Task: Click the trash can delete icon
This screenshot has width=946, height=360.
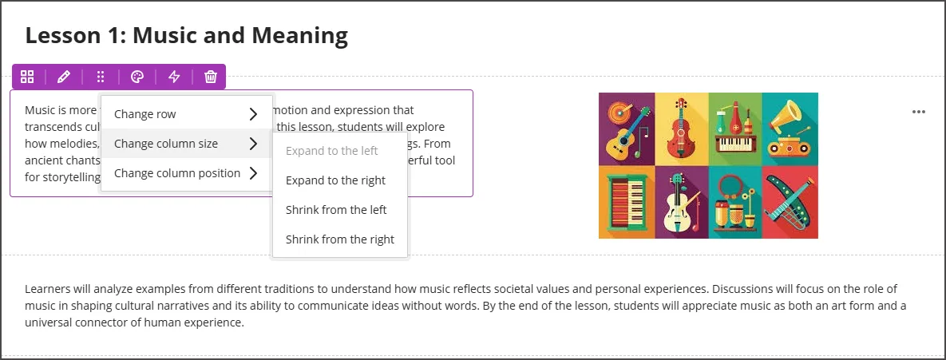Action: (x=211, y=77)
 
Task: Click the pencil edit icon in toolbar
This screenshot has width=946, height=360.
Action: (x=64, y=77)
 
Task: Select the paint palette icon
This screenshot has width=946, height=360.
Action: (x=137, y=77)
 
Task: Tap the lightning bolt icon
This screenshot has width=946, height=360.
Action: (x=174, y=77)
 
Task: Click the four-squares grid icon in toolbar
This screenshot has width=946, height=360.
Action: (x=27, y=77)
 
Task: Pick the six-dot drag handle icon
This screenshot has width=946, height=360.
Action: (x=101, y=77)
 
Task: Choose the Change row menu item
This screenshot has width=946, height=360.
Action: (x=145, y=114)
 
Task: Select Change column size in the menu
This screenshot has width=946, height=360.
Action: (x=166, y=144)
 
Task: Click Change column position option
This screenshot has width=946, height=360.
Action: (x=177, y=173)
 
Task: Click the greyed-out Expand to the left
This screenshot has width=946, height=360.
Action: (x=331, y=151)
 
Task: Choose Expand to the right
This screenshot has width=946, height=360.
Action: (x=335, y=180)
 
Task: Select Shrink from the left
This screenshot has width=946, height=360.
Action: (x=336, y=210)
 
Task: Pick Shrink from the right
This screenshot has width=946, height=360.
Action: (x=339, y=239)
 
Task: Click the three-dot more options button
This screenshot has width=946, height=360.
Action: (x=919, y=112)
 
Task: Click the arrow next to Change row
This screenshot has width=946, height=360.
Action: (x=253, y=114)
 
